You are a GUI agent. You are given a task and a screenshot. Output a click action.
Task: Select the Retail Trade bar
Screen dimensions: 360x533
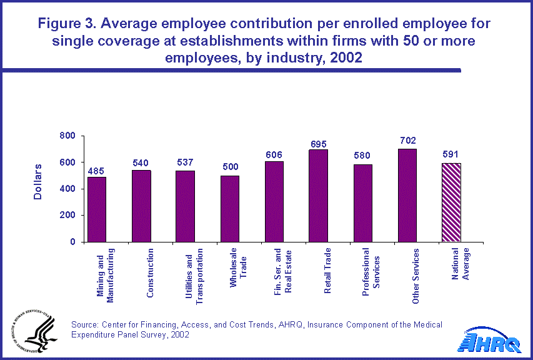click(x=318, y=196)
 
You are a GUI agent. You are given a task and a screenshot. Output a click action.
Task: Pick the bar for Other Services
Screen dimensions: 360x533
click(x=407, y=195)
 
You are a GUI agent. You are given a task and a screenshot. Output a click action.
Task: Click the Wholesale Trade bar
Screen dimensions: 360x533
click(x=229, y=208)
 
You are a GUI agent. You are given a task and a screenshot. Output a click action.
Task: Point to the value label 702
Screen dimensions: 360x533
click(x=409, y=141)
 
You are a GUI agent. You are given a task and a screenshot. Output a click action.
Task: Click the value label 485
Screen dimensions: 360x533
click(x=96, y=169)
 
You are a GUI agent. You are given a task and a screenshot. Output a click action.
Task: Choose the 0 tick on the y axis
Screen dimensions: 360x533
click(x=72, y=242)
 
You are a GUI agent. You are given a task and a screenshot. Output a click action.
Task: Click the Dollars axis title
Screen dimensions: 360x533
click(x=37, y=182)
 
